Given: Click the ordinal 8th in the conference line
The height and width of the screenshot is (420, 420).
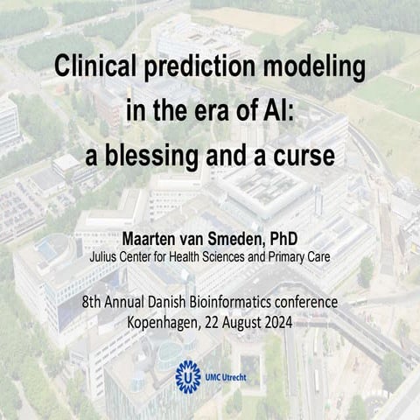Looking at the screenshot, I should tap(93, 303).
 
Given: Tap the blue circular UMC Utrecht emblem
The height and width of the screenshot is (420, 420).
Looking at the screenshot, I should tap(188, 375).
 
